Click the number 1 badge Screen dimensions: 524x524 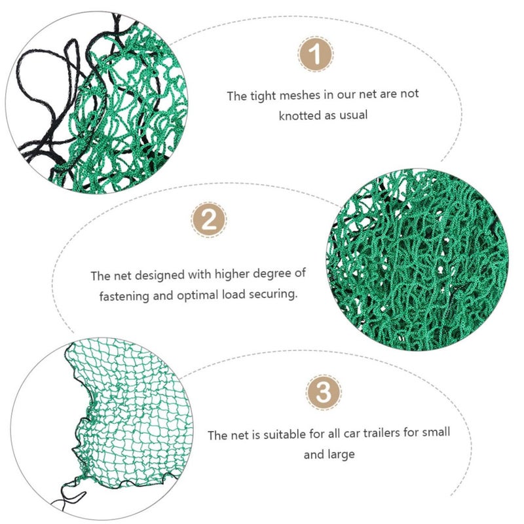click(315, 54)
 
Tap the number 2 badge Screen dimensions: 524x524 click(209, 220)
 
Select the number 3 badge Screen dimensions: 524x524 click(323, 392)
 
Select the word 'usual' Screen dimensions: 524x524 click(354, 115)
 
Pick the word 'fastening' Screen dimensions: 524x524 click(124, 297)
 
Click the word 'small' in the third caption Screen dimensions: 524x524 click(436, 432)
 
